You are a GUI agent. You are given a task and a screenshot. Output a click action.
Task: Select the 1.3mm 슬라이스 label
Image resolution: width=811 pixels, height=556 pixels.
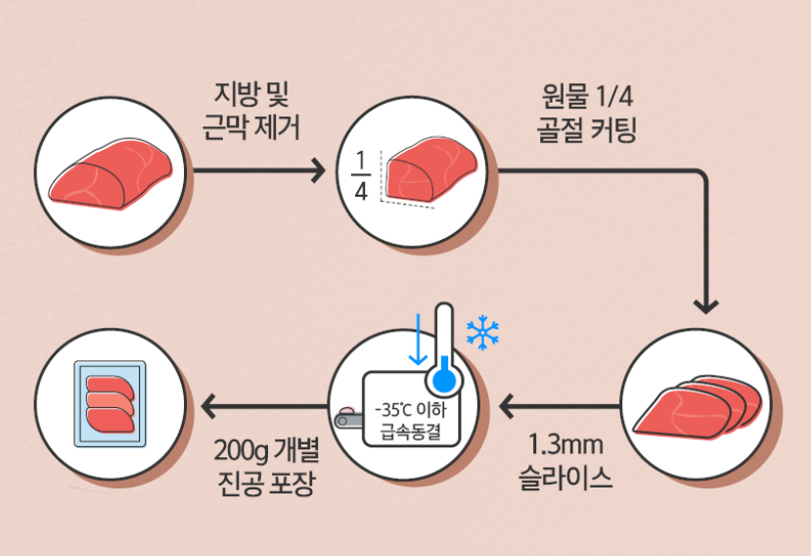tap(563, 461)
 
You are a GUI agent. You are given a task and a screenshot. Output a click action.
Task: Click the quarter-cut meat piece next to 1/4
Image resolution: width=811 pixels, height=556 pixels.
tap(430, 172)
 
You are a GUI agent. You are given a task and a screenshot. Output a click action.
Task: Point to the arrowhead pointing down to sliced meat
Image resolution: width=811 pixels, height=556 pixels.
tap(705, 304)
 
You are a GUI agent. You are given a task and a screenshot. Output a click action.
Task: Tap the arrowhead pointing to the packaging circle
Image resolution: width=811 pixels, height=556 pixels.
tap(209, 405)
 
